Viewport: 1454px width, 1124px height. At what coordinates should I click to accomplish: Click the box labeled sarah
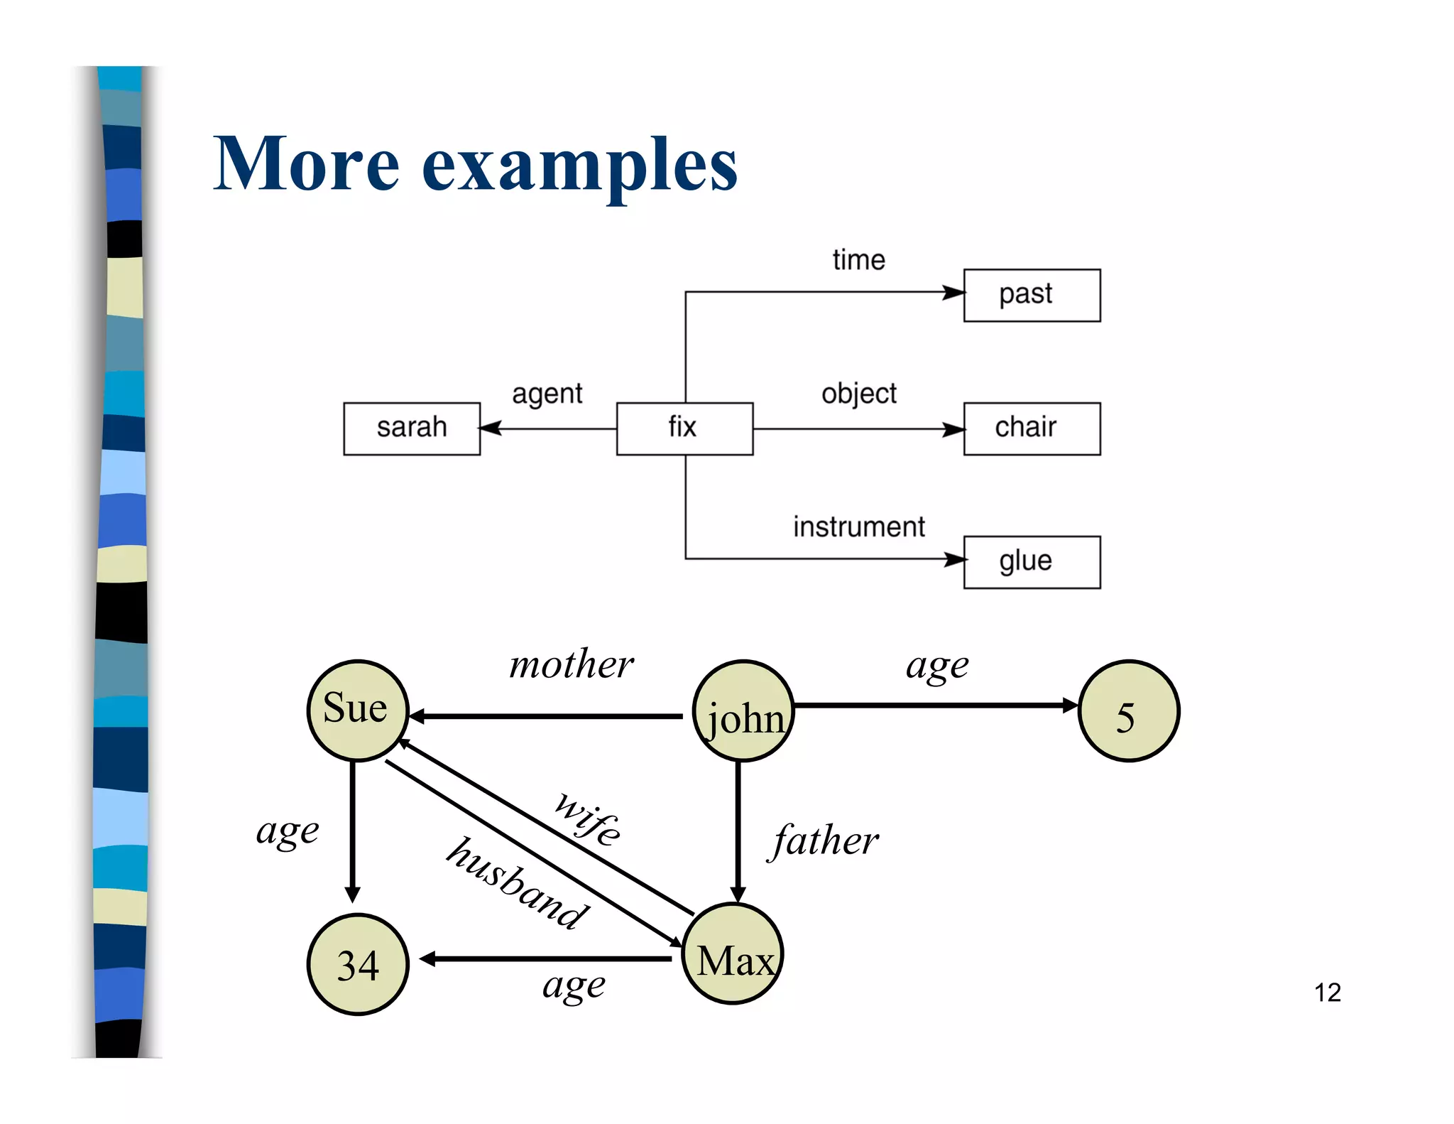[x=412, y=428]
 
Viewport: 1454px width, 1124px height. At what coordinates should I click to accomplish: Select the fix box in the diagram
[x=684, y=428]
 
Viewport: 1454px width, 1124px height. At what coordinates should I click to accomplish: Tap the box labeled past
[x=1032, y=295]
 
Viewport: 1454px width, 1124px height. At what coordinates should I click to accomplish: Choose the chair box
[x=1032, y=428]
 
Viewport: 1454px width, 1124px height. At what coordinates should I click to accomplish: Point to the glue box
[x=1032, y=562]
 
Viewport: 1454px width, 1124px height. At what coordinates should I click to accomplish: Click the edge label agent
[x=547, y=394]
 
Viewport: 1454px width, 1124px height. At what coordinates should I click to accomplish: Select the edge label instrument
[x=858, y=527]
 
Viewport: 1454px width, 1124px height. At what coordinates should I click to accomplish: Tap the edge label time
[x=858, y=260]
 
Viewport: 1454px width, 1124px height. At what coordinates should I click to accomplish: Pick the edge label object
[x=858, y=394]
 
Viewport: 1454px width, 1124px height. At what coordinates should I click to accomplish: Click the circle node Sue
[x=357, y=710]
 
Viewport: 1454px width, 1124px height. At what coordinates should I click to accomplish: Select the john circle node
[x=743, y=711]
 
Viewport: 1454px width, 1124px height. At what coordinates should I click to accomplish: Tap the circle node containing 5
[x=1128, y=711]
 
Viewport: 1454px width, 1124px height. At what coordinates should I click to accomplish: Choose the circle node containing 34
[x=358, y=964]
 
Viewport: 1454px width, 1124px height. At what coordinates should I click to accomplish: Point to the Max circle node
[x=733, y=954]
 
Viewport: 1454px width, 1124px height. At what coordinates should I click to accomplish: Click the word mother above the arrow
[x=572, y=665]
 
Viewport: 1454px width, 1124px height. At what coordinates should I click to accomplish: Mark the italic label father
[x=825, y=841]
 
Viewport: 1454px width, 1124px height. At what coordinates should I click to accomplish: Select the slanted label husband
[x=518, y=885]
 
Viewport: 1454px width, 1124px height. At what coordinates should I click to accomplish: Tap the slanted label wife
[x=589, y=819]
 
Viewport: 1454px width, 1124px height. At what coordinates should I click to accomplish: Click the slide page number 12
[x=1327, y=993]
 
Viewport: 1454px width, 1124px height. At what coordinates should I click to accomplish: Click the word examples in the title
[x=579, y=165]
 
